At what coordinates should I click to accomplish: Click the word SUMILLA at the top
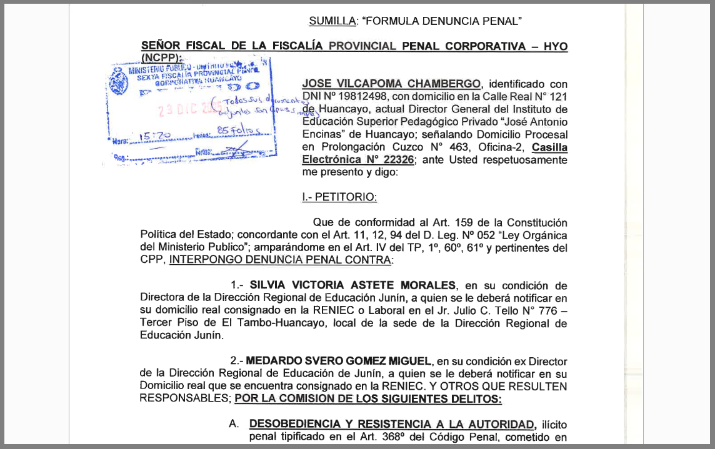click(331, 21)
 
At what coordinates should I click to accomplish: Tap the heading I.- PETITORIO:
click(339, 197)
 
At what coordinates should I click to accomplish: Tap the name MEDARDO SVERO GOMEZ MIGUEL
click(339, 361)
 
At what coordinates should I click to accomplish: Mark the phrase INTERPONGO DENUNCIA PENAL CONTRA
click(281, 260)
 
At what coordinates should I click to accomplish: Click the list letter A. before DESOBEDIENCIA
click(234, 423)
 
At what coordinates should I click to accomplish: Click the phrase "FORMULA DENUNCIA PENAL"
click(442, 21)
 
